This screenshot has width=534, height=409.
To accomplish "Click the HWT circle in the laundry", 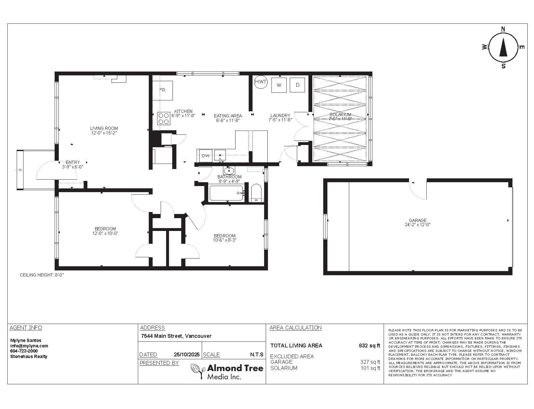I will point(261,82).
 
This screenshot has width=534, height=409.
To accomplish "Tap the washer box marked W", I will point(279,85).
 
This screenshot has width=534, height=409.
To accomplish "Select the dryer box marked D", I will point(298,85).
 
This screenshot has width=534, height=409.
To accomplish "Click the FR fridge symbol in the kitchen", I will point(163,90).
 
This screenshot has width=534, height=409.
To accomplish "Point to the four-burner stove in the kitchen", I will point(164,118).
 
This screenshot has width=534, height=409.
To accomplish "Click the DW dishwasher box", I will point(206,156).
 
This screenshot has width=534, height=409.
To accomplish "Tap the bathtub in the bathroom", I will point(226,193).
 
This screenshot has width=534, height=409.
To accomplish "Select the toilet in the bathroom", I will point(256,192).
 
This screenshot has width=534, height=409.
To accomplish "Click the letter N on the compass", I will point(503,29).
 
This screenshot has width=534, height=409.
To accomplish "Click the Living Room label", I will point(104,128).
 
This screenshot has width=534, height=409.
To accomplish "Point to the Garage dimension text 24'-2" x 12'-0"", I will point(418,225).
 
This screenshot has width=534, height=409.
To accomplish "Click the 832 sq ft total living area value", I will point(369,345).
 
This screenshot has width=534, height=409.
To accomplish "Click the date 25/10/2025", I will point(187,355).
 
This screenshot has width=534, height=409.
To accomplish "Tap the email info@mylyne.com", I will point(29,346).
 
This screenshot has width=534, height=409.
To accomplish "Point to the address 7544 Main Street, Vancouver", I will point(176,336).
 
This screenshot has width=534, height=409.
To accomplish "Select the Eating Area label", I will point(228,116).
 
